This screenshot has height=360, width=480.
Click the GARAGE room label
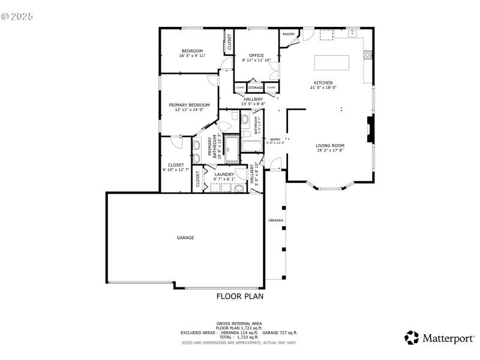(x=185, y=238)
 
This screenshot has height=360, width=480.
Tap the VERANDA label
(x=275, y=220)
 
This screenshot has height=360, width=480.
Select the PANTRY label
(x=289, y=34)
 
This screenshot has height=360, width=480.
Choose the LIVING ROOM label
(x=330, y=145)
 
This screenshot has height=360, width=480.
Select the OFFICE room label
(x=256, y=56)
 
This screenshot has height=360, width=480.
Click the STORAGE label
(x=256, y=88)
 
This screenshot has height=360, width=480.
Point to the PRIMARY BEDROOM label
(x=189, y=104)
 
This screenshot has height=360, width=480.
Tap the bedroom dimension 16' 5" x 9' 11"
(x=192, y=56)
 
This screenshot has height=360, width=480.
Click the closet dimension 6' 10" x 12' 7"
(x=176, y=170)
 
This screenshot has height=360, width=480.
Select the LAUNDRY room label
(x=224, y=174)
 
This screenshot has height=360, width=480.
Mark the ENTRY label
(x=275, y=139)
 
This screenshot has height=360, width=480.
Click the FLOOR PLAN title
(x=239, y=296)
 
